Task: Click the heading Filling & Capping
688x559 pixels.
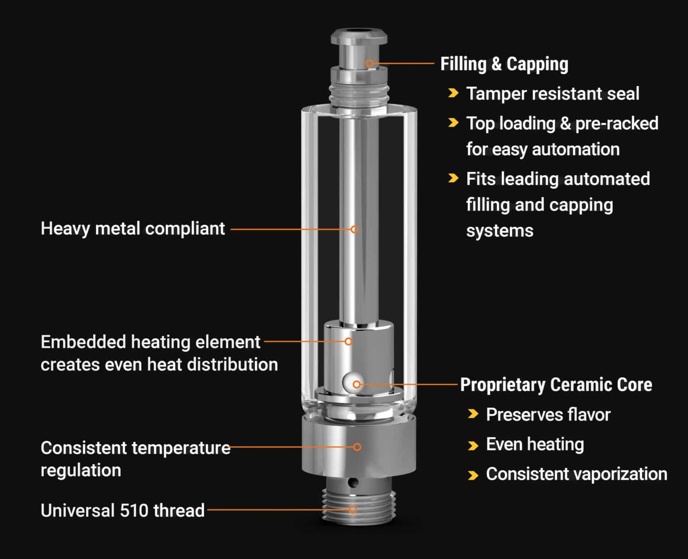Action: (x=504, y=64)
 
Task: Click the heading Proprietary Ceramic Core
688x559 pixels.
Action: (x=556, y=385)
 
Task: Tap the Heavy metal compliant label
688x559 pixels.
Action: (x=133, y=228)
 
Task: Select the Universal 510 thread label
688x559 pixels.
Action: (x=122, y=510)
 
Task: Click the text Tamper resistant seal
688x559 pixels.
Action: (x=552, y=94)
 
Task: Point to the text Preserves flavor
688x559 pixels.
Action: (x=548, y=414)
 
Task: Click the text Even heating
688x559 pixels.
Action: (x=535, y=444)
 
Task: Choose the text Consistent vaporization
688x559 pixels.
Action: (x=576, y=474)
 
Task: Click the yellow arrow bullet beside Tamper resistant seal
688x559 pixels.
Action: (x=453, y=93)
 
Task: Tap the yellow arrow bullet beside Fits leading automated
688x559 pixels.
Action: (x=453, y=178)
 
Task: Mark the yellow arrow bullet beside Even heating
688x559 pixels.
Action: (x=473, y=446)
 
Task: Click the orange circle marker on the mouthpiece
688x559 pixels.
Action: (x=370, y=63)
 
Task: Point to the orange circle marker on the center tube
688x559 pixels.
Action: (x=354, y=229)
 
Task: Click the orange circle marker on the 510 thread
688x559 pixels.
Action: (x=353, y=510)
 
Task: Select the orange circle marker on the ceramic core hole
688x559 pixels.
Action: (x=357, y=384)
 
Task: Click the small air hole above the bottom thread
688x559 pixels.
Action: (x=354, y=483)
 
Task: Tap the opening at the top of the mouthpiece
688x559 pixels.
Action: (x=358, y=31)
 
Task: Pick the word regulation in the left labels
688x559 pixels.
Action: (x=81, y=470)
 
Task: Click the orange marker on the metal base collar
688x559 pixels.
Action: (x=357, y=447)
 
